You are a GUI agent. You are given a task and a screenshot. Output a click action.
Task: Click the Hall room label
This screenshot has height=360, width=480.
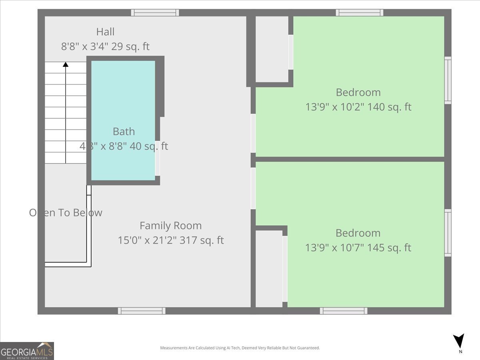[x=105, y=32]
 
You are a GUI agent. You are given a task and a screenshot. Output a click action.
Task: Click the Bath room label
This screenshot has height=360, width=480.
[x=124, y=132]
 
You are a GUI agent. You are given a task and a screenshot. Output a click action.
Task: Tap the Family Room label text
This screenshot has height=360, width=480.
[x=170, y=226]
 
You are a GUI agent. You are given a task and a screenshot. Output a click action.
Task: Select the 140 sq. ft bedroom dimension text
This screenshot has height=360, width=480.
[x=358, y=107]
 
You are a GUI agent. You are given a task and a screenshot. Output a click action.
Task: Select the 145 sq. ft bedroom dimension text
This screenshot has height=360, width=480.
[x=358, y=248]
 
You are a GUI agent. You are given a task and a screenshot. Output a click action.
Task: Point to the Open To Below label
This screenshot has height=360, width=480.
[x=66, y=213]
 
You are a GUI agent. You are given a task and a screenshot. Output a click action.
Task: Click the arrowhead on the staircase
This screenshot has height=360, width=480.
[x=66, y=64]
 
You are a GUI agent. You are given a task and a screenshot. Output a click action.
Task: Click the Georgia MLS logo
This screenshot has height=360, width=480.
[x=27, y=351]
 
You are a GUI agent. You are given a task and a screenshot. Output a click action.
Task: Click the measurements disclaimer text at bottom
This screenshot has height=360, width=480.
[x=240, y=348]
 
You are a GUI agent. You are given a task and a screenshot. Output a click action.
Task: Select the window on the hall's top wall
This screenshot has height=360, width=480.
[x=155, y=13]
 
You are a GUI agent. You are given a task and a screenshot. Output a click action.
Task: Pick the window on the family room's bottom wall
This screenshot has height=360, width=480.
[x=142, y=311]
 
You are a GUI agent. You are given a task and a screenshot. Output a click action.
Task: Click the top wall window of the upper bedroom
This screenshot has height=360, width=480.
[x=359, y=13]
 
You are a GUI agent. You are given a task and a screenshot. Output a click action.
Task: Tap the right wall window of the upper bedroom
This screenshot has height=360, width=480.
[x=448, y=80]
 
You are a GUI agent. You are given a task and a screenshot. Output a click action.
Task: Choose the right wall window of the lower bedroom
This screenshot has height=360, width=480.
[x=448, y=233]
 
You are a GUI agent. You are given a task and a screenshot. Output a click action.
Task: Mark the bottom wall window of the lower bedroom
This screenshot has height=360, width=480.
[x=343, y=311]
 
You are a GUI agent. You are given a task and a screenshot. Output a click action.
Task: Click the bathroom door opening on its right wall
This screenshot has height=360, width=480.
[x=158, y=158]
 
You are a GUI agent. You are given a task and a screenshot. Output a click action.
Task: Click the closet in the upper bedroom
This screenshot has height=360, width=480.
[x=272, y=49]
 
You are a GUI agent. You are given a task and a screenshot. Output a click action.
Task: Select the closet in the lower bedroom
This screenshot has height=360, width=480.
[x=269, y=268]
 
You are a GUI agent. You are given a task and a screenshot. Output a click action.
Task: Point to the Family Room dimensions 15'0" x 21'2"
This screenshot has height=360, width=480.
[x=170, y=240]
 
